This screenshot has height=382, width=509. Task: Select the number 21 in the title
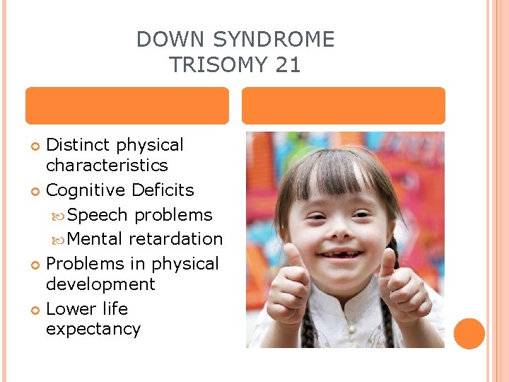[x=288, y=65]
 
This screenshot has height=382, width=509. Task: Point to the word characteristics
[x=107, y=166]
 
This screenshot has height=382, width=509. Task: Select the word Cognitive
[x=86, y=190]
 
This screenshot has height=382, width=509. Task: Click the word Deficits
[x=163, y=190]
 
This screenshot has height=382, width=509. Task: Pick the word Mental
[x=97, y=239]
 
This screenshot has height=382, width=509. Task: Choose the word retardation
[x=176, y=239]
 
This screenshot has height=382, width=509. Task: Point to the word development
[x=100, y=284]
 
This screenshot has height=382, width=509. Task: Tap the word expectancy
[x=93, y=330]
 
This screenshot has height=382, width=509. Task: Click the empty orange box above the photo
[x=344, y=106]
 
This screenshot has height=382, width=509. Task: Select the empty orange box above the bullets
[x=127, y=106]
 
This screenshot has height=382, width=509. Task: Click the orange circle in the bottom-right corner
[x=469, y=334]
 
